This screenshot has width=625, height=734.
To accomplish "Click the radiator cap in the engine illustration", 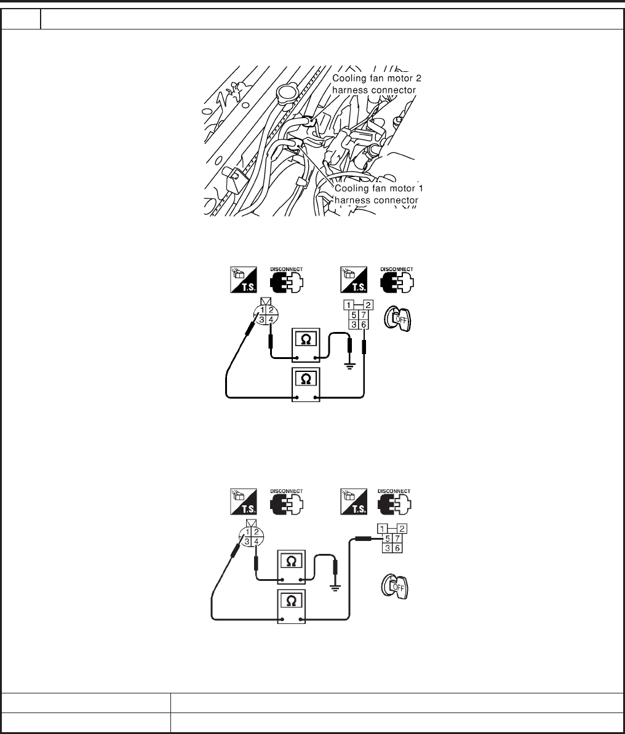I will point(287,93).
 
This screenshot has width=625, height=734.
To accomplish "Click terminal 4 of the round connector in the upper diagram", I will point(271,320).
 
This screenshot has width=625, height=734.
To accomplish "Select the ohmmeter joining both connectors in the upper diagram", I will point(306,384).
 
